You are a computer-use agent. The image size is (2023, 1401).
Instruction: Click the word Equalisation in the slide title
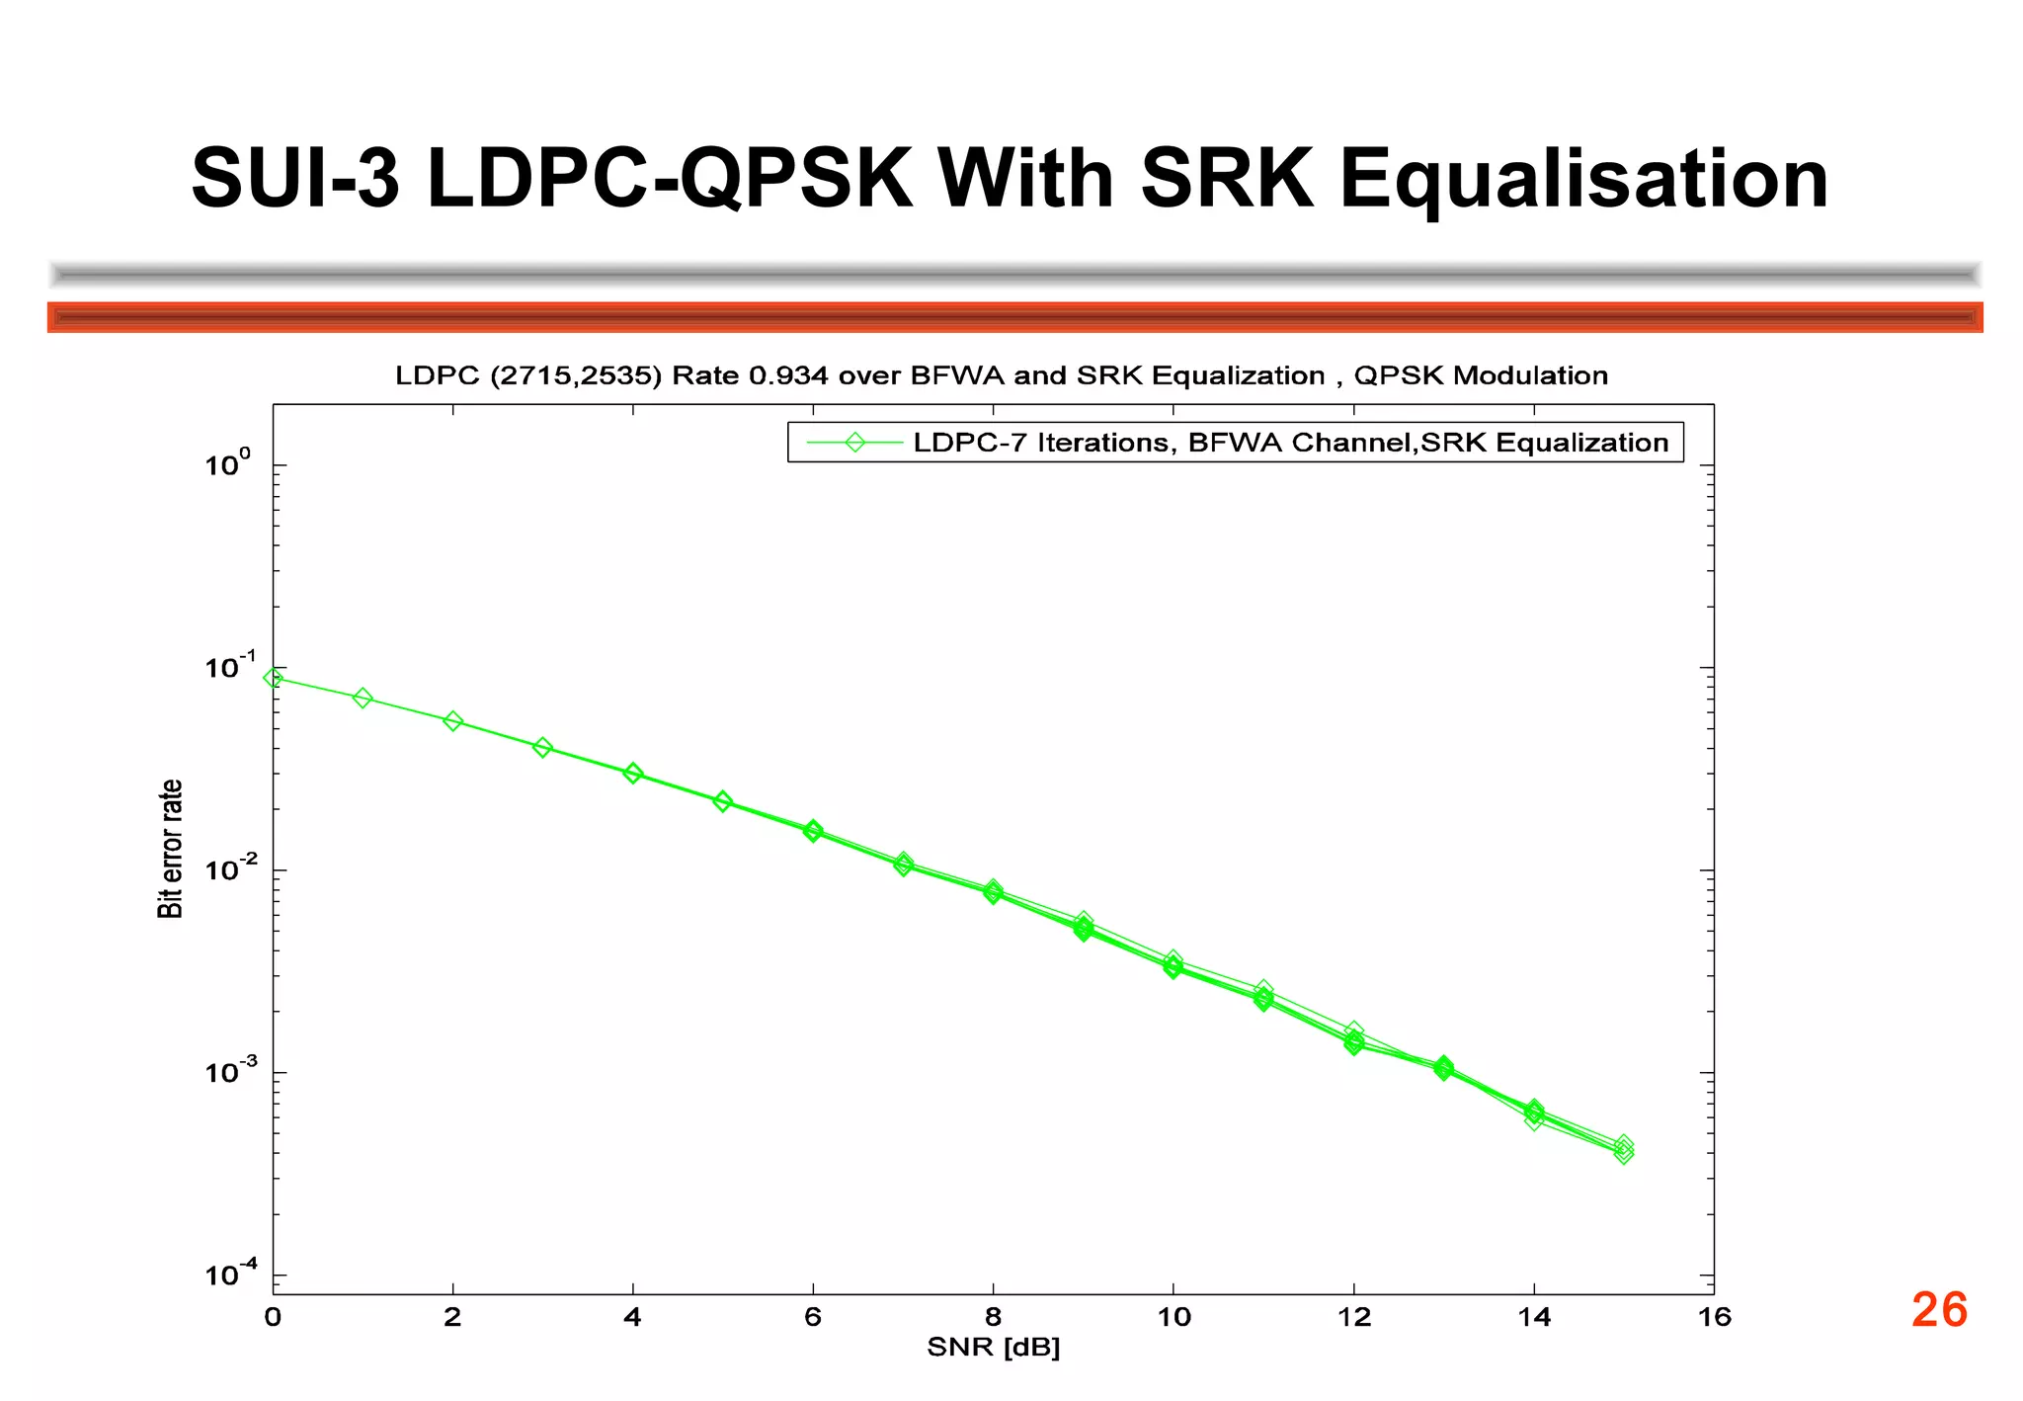(x=1582, y=180)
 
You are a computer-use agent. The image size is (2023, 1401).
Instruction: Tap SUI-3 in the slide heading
(x=295, y=180)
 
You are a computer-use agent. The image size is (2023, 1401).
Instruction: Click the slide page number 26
(x=1939, y=1310)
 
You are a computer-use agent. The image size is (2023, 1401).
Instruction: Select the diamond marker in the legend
(x=854, y=443)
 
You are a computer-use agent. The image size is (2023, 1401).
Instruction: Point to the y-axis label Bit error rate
(x=170, y=849)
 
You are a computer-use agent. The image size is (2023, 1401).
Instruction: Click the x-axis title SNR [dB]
(x=993, y=1348)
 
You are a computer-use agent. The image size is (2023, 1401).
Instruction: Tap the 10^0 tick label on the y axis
(x=228, y=463)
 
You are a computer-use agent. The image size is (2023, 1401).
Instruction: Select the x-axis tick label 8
(x=993, y=1317)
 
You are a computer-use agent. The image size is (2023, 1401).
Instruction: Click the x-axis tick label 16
(x=1715, y=1317)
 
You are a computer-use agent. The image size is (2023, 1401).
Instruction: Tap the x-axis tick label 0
(x=273, y=1317)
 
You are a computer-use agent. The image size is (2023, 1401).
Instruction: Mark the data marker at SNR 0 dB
(x=274, y=678)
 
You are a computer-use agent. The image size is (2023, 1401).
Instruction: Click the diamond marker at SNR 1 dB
(x=363, y=699)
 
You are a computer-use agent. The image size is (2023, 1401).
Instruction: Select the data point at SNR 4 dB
(x=633, y=774)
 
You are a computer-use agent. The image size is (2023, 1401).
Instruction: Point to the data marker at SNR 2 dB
(x=452, y=721)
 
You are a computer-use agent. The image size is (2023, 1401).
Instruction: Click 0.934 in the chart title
(x=788, y=376)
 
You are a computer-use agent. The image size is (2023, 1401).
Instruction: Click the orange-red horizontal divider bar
(x=1014, y=317)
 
